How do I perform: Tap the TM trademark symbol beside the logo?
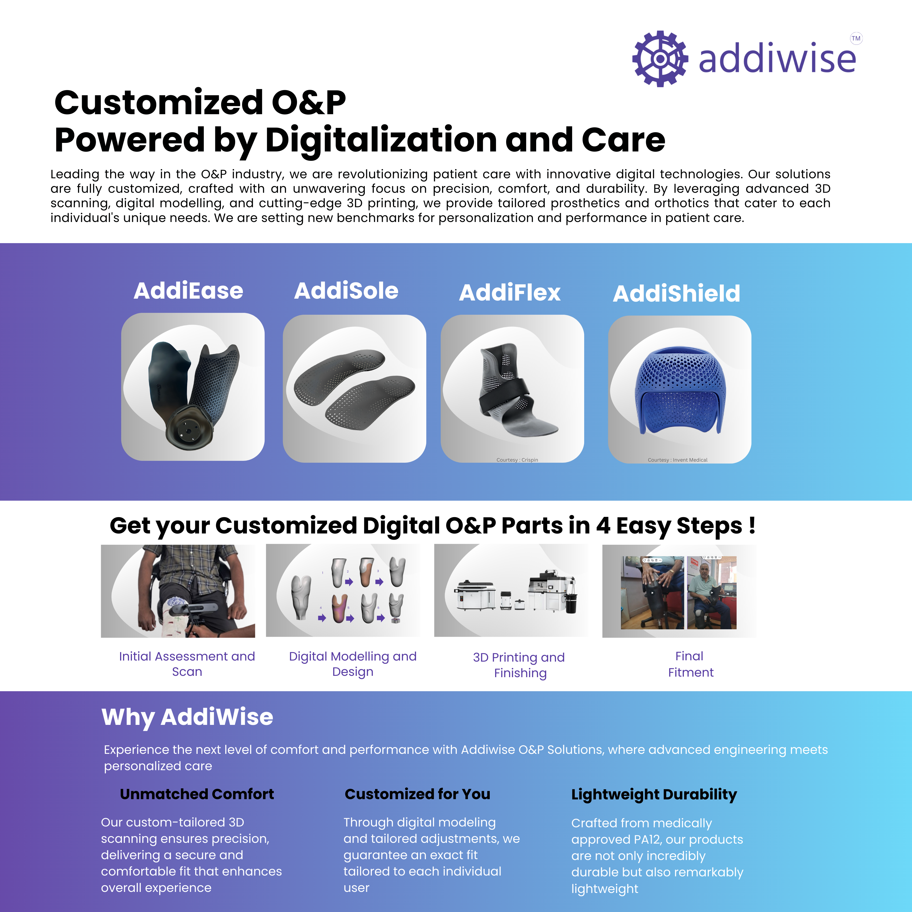[856, 38]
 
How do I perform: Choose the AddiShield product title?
[676, 293]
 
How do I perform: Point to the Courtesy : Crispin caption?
[517, 460]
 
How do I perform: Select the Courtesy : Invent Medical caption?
[677, 460]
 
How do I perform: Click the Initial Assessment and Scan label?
[187, 664]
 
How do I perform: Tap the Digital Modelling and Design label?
[353, 664]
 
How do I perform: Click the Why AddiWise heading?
[187, 717]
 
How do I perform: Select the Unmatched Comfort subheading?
[197, 794]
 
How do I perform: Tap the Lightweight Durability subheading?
[654, 795]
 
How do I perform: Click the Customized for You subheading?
[417, 794]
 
